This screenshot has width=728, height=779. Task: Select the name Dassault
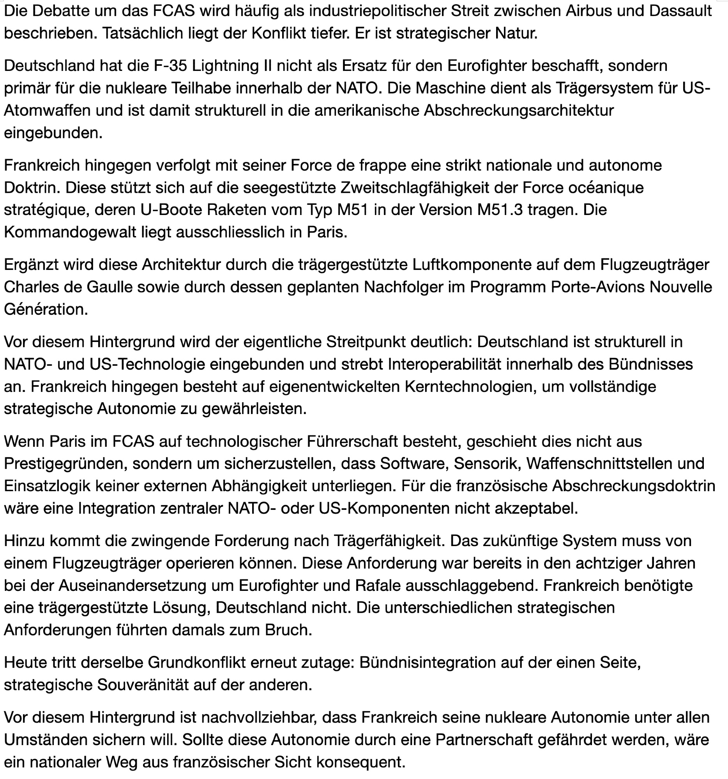680,11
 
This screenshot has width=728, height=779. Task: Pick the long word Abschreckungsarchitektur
519,111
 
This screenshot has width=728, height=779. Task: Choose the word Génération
46,310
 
